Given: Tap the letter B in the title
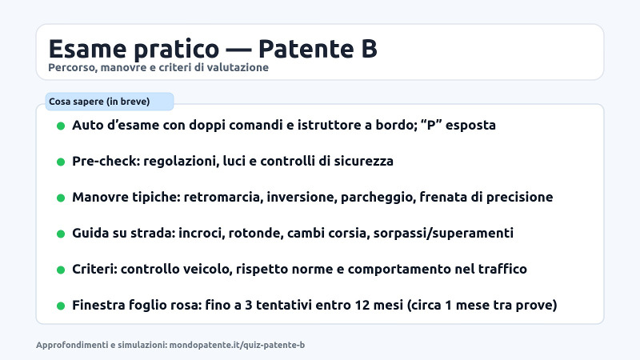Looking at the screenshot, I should pos(366,48).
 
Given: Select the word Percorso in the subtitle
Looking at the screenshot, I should pos(70,68).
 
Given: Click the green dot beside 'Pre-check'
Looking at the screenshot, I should pos(61,162).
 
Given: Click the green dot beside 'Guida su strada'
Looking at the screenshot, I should pos(61,234).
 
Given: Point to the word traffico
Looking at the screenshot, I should pos(500,270).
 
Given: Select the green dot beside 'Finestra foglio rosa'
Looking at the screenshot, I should pos(61,306).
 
